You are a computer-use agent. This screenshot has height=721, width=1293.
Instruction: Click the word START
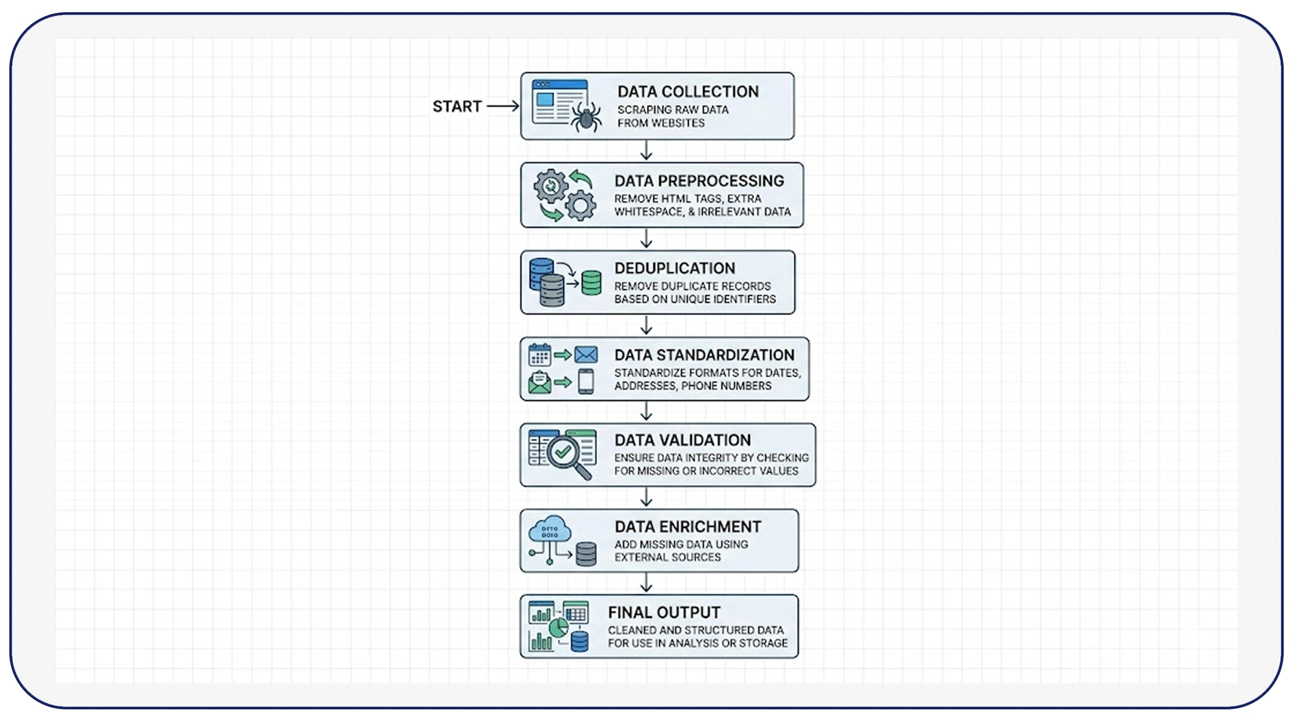[457, 106]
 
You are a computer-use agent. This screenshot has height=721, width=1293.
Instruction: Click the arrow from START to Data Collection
[503, 106]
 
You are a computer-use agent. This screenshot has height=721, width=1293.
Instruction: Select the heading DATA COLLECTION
[688, 92]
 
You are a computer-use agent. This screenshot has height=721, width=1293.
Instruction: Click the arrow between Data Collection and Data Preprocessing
[646, 151]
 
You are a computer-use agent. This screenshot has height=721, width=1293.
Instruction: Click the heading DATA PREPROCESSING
[699, 181]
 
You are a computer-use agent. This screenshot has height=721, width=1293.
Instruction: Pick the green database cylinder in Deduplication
[592, 283]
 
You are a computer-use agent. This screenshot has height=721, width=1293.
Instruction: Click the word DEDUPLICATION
[675, 268]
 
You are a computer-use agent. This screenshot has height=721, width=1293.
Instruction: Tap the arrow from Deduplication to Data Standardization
[646, 325]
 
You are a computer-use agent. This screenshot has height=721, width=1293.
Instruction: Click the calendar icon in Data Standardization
[539, 355]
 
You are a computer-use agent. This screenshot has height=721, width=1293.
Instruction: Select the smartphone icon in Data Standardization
[586, 382]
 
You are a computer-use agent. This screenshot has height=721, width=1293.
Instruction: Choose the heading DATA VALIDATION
[682, 440]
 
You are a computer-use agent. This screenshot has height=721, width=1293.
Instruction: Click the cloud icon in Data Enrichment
[549, 529]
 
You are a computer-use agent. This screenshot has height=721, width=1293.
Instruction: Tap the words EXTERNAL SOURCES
[667, 558]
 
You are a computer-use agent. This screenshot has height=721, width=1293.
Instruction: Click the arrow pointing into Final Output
[646, 583]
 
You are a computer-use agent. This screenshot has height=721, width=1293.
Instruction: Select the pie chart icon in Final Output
[558, 627]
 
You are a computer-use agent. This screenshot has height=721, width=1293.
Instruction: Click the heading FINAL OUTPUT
[664, 612]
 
